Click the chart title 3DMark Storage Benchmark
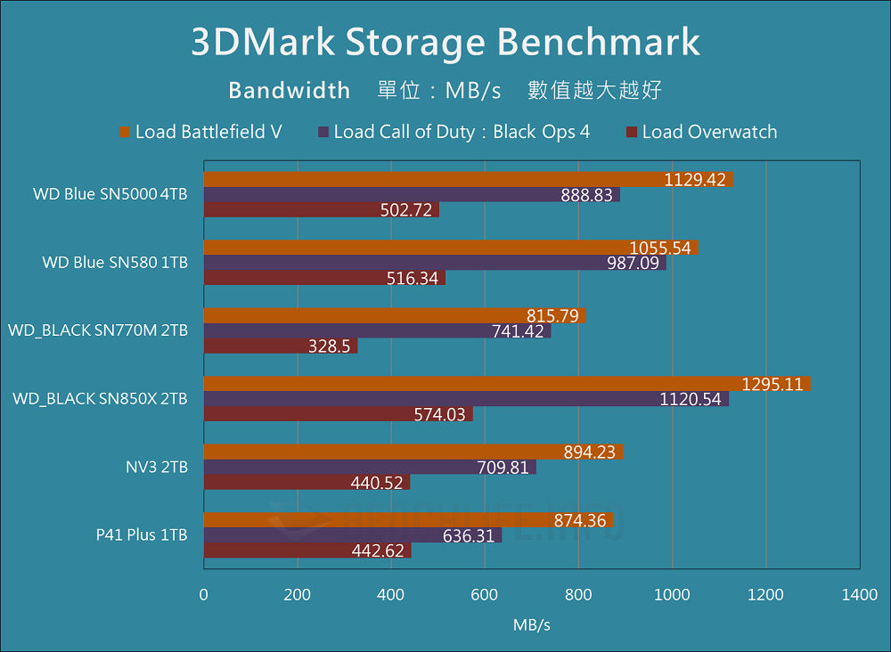pos(445,43)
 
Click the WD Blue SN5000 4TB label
pos(110,194)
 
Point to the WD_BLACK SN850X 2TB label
pos(100,399)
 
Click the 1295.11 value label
pos(772,384)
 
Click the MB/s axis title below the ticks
pos(531,625)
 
